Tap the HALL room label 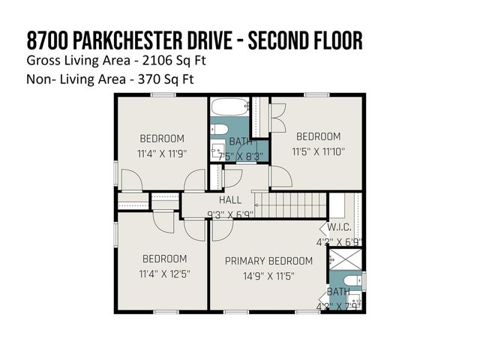click(230, 200)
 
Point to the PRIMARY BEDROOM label click(268, 261)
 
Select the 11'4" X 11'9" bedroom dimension click(162, 153)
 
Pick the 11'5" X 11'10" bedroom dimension click(318, 151)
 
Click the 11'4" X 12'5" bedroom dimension click(163, 274)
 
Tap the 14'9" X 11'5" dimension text click(268, 276)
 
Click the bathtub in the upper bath click(229, 107)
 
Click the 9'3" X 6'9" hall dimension click(230, 214)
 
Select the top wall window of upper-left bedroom click(163, 94)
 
